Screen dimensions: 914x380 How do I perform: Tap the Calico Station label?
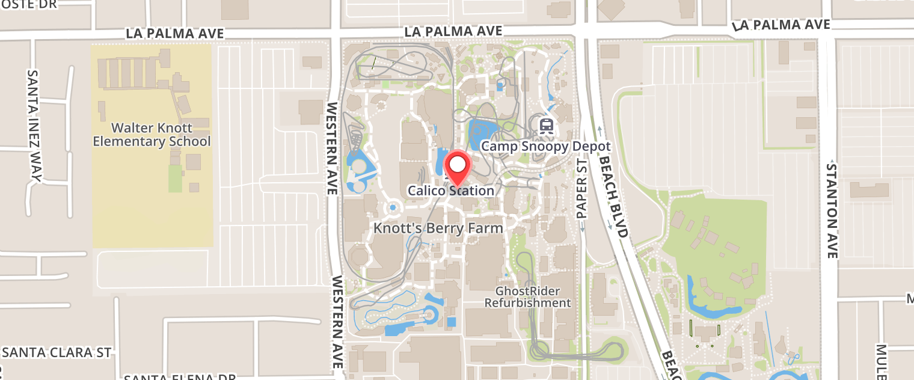click(x=451, y=191)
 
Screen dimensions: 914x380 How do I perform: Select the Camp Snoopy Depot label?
click(x=546, y=146)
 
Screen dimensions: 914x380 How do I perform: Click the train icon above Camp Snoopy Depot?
click(x=546, y=126)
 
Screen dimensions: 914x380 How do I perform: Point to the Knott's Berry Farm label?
click(x=438, y=228)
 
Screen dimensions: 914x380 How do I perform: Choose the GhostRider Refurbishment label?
click(x=527, y=297)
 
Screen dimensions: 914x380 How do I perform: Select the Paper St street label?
click(x=581, y=188)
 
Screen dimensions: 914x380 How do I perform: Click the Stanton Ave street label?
click(x=832, y=210)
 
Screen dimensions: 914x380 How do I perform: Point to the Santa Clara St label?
click(x=57, y=352)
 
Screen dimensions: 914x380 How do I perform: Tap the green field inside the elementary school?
click(x=175, y=178)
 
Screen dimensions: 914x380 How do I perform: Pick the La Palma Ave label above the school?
click(x=175, y=34)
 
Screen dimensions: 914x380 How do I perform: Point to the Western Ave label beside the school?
click(x=331, y=148)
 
